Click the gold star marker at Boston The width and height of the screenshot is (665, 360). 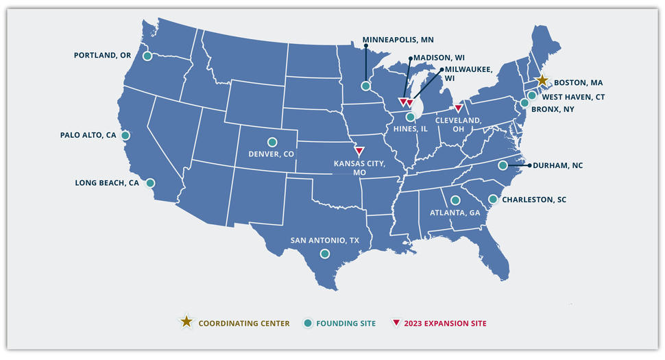tap(542, 80)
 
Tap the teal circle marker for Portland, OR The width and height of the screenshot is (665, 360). tap(147, 56)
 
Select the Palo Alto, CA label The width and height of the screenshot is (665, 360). tap(88, 136)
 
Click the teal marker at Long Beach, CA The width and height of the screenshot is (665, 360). tap(150, 183)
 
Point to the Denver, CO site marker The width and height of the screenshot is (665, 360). tap(272, 142)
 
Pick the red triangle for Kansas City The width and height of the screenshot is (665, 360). tap(359, 151)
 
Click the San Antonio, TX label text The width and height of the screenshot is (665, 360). tap(324, 241)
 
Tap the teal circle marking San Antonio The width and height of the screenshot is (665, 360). tap(325, 254)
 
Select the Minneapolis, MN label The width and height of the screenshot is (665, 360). tap(398, 40)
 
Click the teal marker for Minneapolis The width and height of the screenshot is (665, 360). tap(366, 86)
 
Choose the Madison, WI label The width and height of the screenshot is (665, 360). tap(439, 58)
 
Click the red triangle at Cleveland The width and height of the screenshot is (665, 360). tap(458, 108)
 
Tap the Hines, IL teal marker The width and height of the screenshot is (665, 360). tap(410, 117)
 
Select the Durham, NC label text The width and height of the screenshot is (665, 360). tap(558, 165)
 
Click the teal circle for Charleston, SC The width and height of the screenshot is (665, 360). tap(492, 199)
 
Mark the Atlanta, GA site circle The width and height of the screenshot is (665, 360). tap(455, 200)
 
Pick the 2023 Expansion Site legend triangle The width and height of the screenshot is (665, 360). tap(396, 322)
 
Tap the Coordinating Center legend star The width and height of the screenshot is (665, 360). tap(186, 322)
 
